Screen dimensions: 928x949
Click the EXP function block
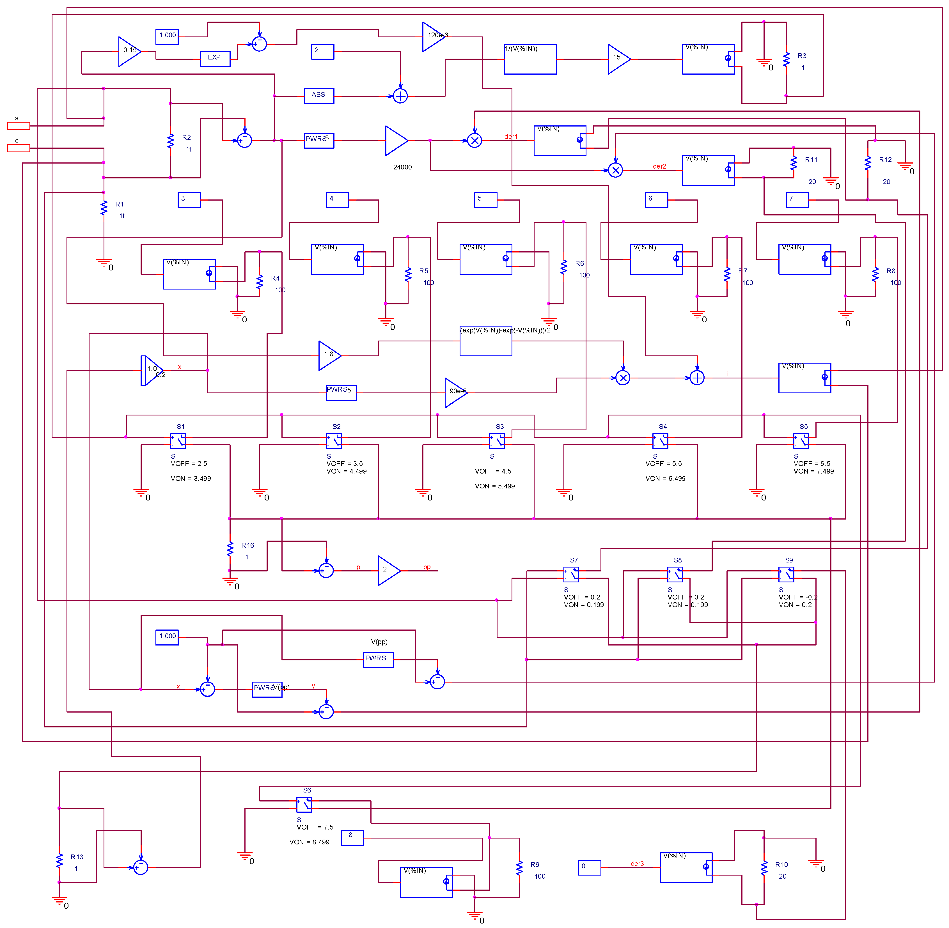(215, 59)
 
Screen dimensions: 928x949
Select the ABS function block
(319, 96)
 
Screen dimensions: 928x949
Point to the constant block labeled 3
(189, 200)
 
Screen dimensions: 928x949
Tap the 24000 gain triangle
(395, 141)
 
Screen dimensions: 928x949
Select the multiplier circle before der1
(474, 141)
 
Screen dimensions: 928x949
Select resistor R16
(230, 548)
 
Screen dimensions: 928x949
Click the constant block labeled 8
(352, 838)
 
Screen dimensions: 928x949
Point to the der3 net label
(637, 864)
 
